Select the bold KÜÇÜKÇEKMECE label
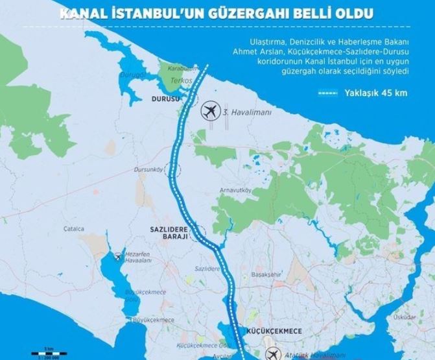tap(266, 330)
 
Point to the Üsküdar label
tap(421, 317)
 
